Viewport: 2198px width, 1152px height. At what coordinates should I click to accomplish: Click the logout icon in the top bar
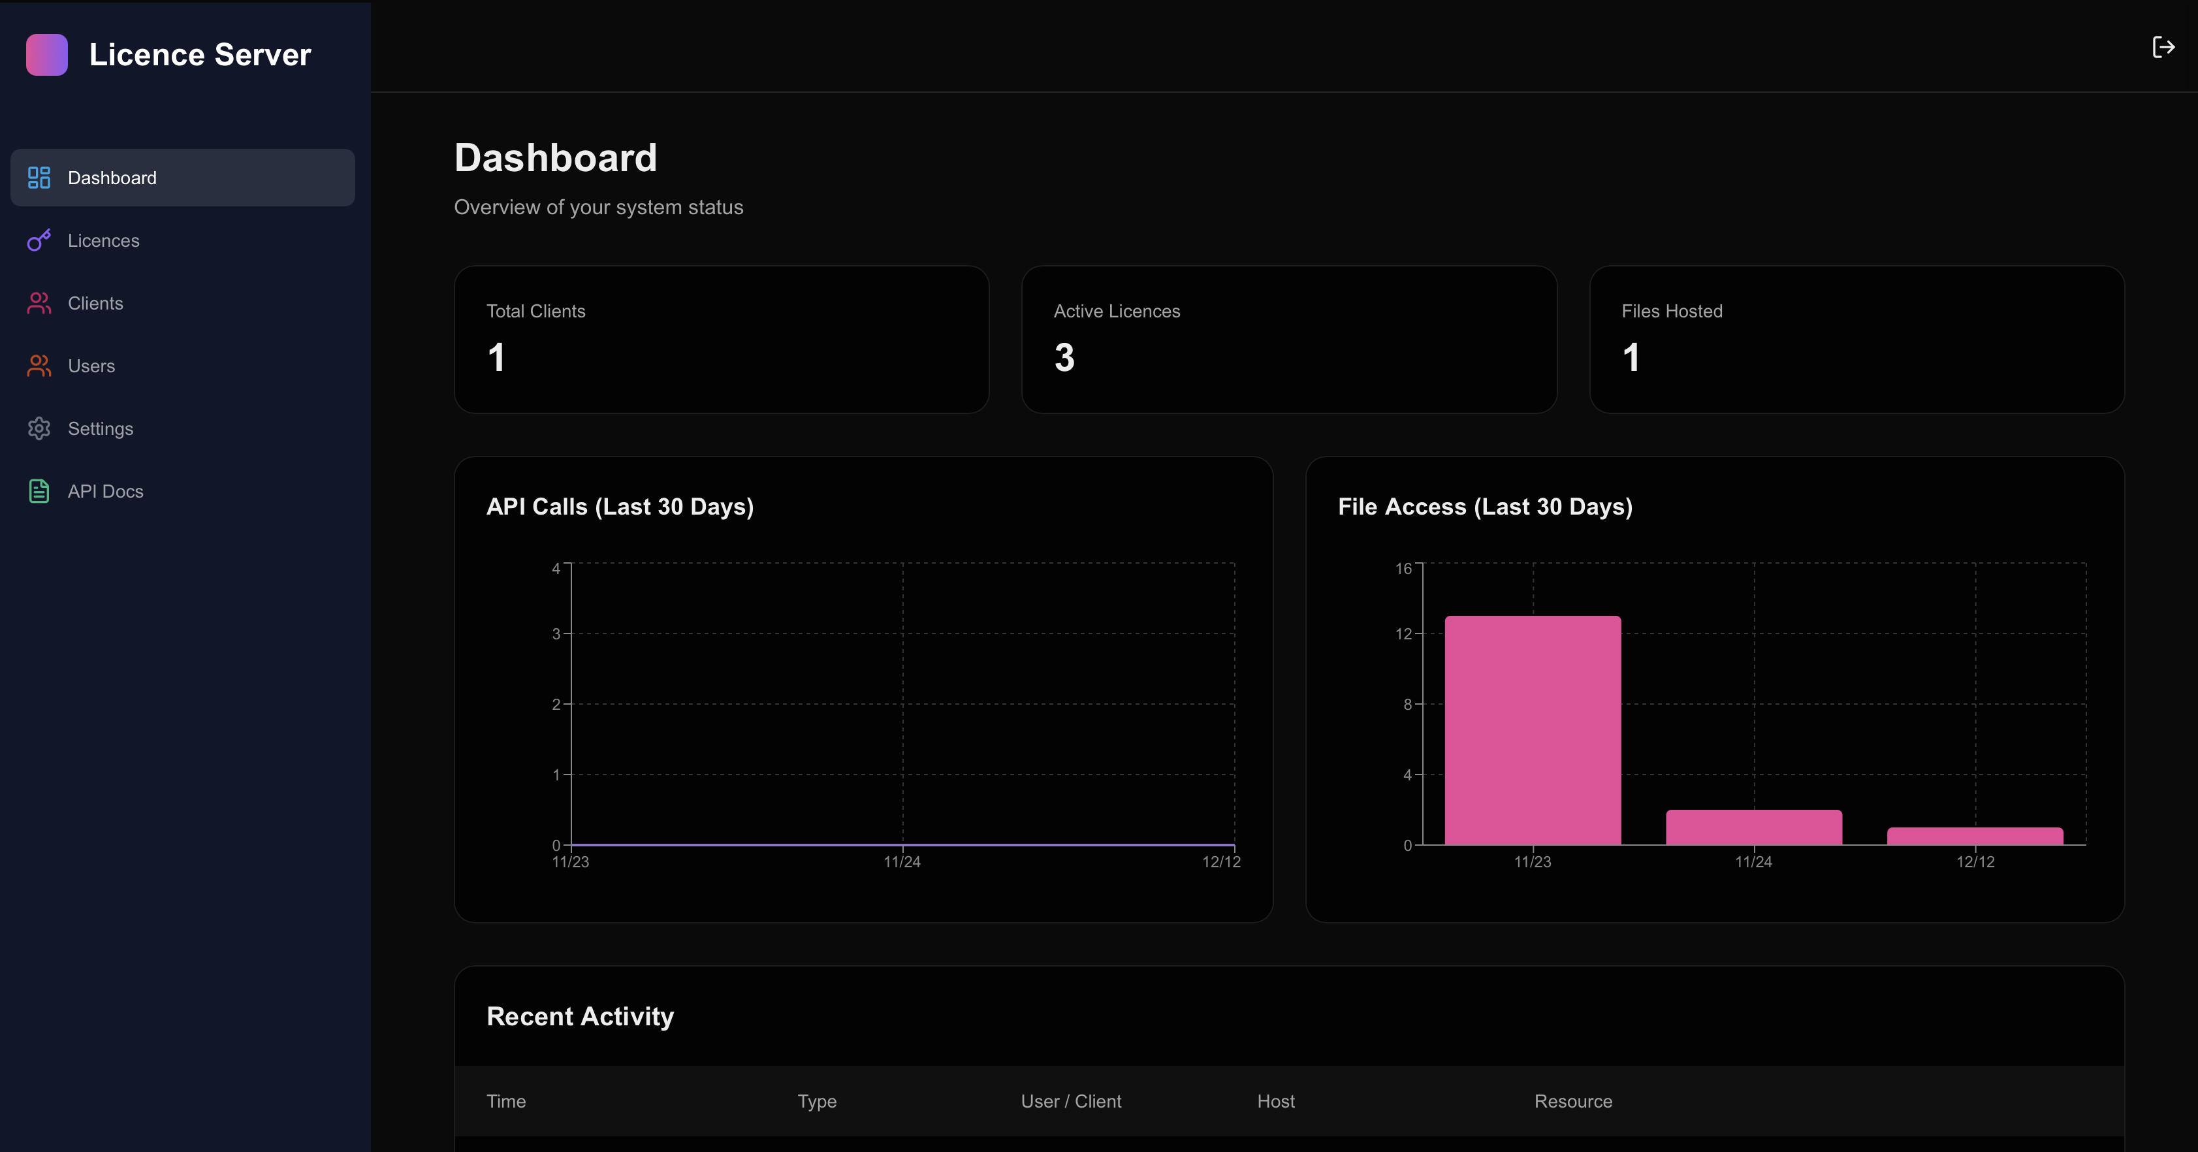click(x=2163, y=47)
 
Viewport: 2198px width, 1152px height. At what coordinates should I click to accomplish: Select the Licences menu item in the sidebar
click(x=103, y=240)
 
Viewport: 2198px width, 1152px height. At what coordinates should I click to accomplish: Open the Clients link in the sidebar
click(x=95, y=303)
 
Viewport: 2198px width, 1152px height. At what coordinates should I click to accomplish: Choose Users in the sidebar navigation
click(x=91, y=366)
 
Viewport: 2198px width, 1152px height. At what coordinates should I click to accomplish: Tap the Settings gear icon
click(x=39, y=428)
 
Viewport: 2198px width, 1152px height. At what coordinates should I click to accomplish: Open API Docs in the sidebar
click(x=105, y=492)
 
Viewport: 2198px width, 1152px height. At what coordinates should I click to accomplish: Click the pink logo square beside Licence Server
click(x=47, y=55)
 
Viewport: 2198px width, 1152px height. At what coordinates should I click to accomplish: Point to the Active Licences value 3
click(x=1064, y=357)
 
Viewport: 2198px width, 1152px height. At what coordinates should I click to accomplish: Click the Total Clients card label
click(x=536, y=312)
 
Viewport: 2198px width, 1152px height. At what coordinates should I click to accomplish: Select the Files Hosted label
click(x=1672, y=312)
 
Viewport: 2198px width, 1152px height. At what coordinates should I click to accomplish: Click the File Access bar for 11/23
click(x=1533, y=731)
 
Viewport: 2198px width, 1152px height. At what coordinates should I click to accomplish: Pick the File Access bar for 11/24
click(x=1753, y=827)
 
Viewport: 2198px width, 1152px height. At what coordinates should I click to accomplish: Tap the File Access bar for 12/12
click(x=1975, y=837)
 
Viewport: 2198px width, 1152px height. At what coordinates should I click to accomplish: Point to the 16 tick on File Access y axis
click(x=1403, y=568)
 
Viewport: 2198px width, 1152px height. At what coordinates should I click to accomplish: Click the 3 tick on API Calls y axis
click(x=556, y=634)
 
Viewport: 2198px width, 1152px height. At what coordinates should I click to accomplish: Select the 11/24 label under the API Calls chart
click(x=902, y=862)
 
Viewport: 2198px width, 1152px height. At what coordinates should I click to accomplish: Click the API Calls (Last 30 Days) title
click(x=620, y=507)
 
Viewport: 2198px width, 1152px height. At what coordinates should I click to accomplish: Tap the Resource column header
click(x=1572, y=1102)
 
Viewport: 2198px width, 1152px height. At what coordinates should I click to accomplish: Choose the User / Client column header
click(x=1071, y=1102)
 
